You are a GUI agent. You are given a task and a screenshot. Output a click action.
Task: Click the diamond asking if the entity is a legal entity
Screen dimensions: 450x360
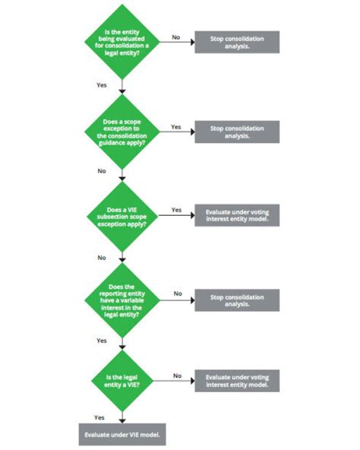coord(123,42)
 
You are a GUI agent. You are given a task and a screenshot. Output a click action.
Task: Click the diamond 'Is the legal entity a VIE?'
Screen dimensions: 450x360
coord(123,381)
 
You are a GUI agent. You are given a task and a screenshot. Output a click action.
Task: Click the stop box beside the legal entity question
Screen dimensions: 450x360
coord(236,42)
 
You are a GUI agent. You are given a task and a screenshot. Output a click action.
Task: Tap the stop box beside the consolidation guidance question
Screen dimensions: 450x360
coord(236,132)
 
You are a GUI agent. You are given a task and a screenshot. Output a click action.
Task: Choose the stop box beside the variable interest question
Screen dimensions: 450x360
coord(236,299)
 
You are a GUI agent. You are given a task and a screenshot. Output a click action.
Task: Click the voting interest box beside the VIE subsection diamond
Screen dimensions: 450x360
coord(236,217)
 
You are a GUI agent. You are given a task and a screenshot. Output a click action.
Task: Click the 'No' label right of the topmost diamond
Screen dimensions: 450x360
coord(176,36)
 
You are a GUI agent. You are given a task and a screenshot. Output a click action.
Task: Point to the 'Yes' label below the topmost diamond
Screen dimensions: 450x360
coord(102,85)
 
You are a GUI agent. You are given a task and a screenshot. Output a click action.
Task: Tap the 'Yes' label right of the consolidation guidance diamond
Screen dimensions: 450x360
coord(176,127)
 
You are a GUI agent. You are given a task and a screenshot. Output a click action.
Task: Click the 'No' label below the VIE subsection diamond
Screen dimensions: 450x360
coord(102,258)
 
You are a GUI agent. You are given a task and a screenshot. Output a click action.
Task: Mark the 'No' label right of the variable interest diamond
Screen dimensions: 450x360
coord(178,293)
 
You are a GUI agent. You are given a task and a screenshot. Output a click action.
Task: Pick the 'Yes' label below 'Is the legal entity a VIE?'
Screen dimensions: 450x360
coord(99,417)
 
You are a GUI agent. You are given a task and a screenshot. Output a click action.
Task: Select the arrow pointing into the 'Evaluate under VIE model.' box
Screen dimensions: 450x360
coord(122,417)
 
